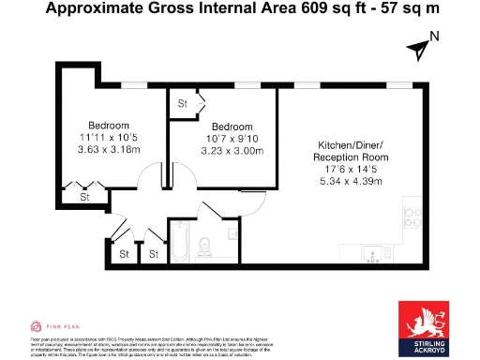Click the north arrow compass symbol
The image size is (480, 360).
(416, 47)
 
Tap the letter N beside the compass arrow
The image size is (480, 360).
(433, 37)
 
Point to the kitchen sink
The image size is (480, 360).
(376, 251)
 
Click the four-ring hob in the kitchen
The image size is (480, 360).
(412, 217)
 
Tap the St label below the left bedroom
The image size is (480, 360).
(83, 198)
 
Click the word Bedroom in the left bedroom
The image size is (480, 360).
(109, 126)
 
